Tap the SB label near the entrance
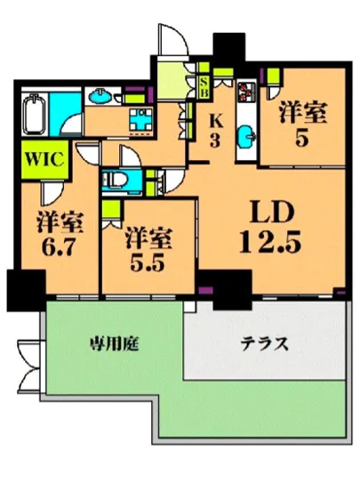tap(204, 85)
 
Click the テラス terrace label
tap(264, 345)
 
